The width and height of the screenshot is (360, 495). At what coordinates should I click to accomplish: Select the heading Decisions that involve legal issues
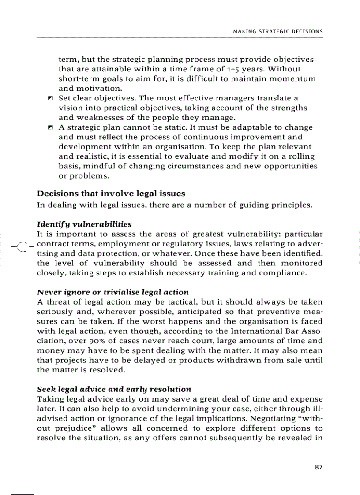coord(111,194)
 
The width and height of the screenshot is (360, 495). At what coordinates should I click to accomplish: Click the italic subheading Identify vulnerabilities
coord(84,224)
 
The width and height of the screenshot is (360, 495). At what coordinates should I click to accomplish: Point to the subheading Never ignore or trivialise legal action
coord(113,292)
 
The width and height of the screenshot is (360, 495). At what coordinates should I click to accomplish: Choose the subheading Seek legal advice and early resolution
coord(114,389)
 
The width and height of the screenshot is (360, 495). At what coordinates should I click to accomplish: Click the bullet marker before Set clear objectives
coord(50,98)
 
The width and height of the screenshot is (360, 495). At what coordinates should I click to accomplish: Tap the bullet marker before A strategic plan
coord(50,127)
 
